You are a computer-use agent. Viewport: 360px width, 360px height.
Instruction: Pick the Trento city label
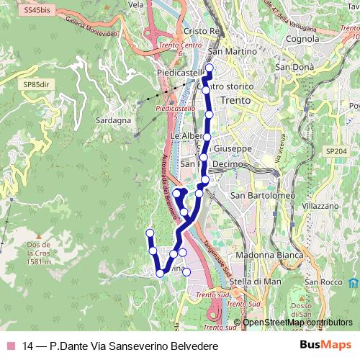tap(235, 100)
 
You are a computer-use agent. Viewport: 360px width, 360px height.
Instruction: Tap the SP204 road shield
tap(336, 152)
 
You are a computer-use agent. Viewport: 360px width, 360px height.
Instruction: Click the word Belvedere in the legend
tap(193, 346)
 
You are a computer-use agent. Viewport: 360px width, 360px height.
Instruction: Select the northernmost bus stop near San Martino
tap(210, 69)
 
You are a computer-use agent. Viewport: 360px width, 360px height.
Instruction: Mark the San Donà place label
tap(291, 67)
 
